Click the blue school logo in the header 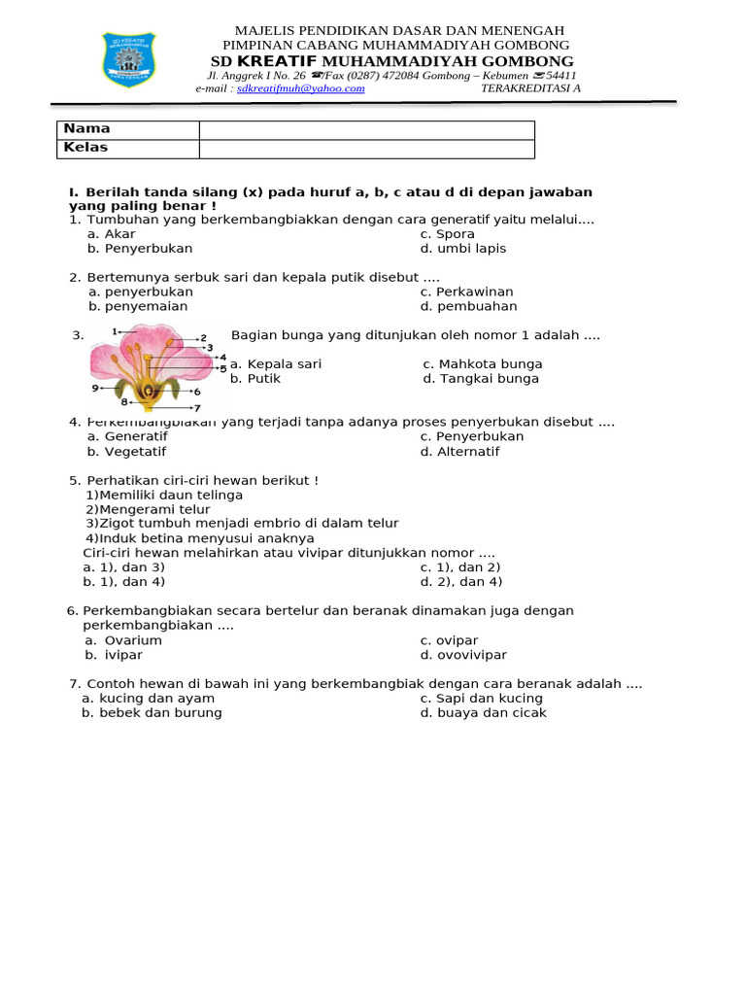pos(128,59)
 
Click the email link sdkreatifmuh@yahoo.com pos(300,88)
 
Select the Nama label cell pos(87,129)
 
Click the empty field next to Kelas pos(366,149)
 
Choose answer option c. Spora pos(447,234)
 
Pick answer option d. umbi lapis pos(462,249)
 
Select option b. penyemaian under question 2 pos(138,306)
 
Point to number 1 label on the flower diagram pos(116,331)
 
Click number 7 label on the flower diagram pos(197,409)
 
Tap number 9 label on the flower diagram pos(96,388)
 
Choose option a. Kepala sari pos(276,364)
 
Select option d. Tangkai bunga pos(481,379)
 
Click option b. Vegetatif pos(126,452)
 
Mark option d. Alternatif pos(459,452)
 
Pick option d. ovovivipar pos(463,655)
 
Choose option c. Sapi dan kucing pos(481,698)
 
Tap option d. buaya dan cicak pos(483,712)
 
